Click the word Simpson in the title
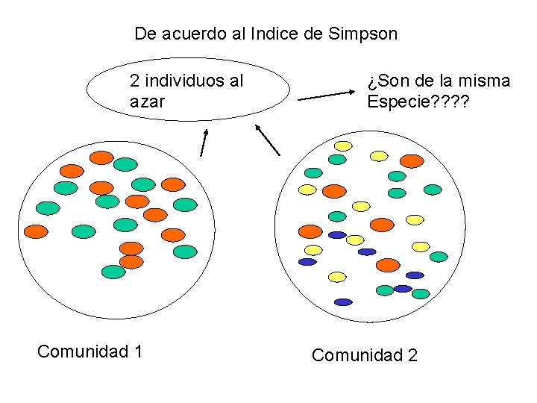click(x=362, y=34)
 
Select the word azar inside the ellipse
click(x=148, y=101)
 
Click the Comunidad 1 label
click(x=89, y=351)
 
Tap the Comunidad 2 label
click(x=365, y=355)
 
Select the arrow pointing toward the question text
click(x=328, y=96)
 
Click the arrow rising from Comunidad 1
click(x=204, y=141)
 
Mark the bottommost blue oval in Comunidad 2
click(x=343, y=302)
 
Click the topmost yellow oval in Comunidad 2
click(x=343, y=145)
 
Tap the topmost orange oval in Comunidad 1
click(x=101, y=157)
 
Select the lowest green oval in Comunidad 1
click(x=113, y=272)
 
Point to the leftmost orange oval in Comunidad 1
click(x=36, y=231)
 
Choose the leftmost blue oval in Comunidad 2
click(x=307, y=262)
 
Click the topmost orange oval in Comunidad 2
click(x=411, y=160)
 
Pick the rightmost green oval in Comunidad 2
click(x=439, y=257)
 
